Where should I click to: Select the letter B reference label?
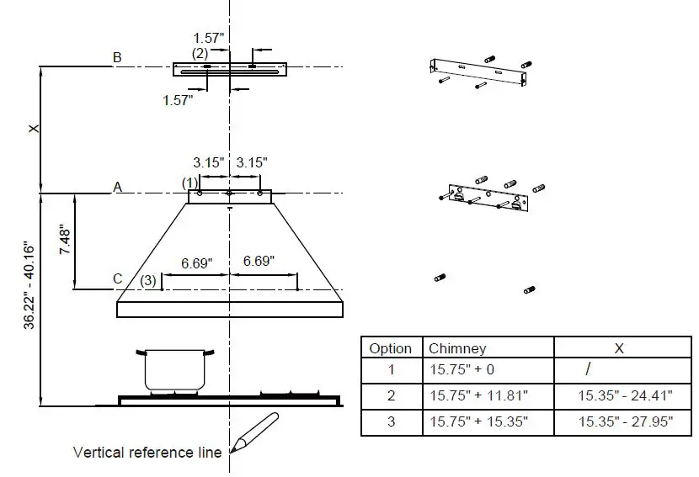point(117,57)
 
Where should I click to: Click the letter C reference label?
point(117,279)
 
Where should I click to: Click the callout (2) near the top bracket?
point(200,53)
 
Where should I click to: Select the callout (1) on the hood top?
point(189,183)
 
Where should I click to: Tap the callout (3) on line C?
point(148,280)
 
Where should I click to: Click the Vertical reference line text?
point(147,453)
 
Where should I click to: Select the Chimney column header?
point(457,348)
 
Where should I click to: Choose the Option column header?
point(391,348)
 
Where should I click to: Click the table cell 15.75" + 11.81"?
point(478,395)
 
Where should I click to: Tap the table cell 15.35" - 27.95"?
point(625,422)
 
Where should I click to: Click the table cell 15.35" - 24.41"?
point(625,395)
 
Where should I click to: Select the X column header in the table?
point(619,348)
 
